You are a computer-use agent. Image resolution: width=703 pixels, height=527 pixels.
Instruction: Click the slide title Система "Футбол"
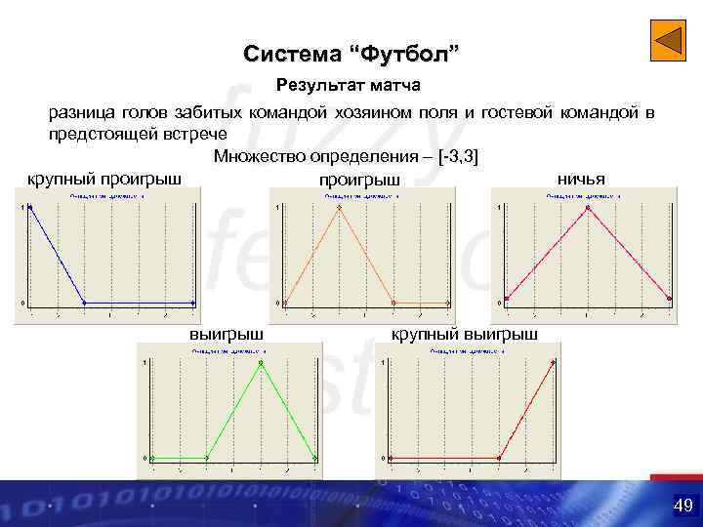coord(351,52)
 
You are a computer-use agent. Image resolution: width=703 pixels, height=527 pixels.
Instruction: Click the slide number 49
coord(682,505)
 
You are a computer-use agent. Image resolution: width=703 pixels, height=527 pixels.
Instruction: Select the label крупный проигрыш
coord(103,180)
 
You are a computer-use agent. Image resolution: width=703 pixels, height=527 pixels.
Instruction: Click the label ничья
coord(580,179)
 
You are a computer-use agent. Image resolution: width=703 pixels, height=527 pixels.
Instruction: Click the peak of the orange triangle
coord(339,207)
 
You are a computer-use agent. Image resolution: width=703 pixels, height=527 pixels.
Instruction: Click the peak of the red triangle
coord(588,207)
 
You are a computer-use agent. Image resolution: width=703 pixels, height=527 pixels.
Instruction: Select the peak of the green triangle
coord(262,363)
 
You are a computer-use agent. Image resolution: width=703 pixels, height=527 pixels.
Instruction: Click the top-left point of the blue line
coord(30,207)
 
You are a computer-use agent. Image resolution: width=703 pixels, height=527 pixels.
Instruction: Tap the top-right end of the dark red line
coord(554,363)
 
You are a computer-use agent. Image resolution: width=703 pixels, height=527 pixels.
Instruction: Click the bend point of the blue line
coord(84,302)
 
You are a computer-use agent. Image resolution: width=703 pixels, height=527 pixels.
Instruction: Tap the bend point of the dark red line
coord(499,457)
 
